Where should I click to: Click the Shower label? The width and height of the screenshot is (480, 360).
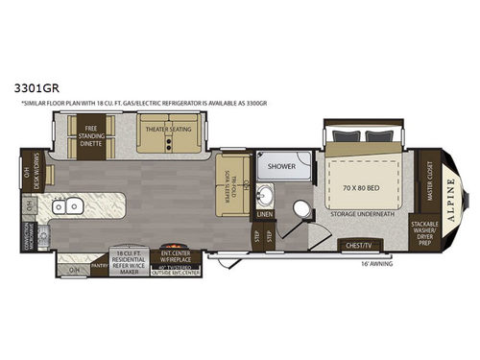point(281,165)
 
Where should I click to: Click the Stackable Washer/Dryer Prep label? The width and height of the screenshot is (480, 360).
point(423,232)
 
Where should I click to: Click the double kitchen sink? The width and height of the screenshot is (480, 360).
point(65,204)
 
